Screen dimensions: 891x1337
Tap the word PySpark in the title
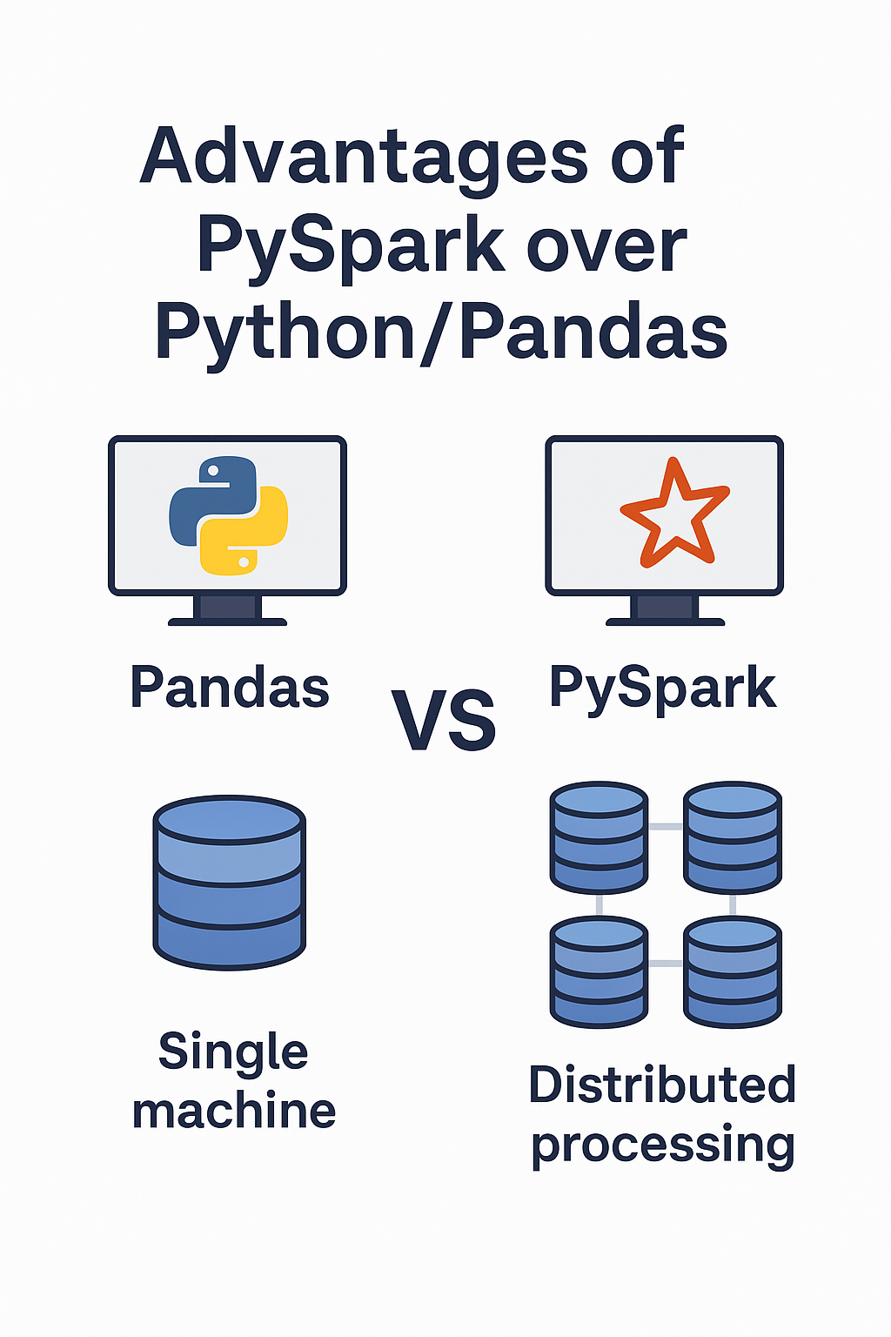coord(350,245)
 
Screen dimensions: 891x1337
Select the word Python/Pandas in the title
coord(441,333)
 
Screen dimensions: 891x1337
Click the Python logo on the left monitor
coord(228,515)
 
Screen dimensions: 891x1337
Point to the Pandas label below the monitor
coord(230,688)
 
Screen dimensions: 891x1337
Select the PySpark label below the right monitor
coord(662,689)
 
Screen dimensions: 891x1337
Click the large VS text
coord(444,721)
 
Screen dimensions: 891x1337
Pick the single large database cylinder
coord(229,881)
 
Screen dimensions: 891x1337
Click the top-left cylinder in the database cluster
coord(600,837)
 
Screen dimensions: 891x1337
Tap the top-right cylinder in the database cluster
coord(733,837)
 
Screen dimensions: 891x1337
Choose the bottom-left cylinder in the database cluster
coord(600,971)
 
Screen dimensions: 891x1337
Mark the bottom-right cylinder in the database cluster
coord(733,971)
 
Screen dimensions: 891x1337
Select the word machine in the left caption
coord(234,1112)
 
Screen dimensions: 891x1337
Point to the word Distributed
coord(662,1085)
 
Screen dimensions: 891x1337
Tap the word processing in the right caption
coord(663,1145)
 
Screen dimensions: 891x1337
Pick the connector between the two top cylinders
coord(666,826)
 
